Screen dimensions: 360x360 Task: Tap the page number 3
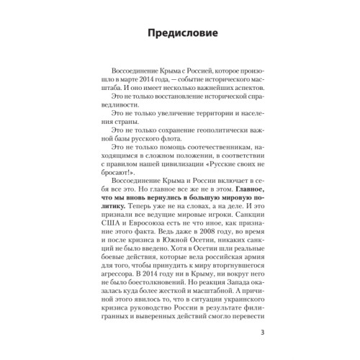[x=261, y=333]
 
